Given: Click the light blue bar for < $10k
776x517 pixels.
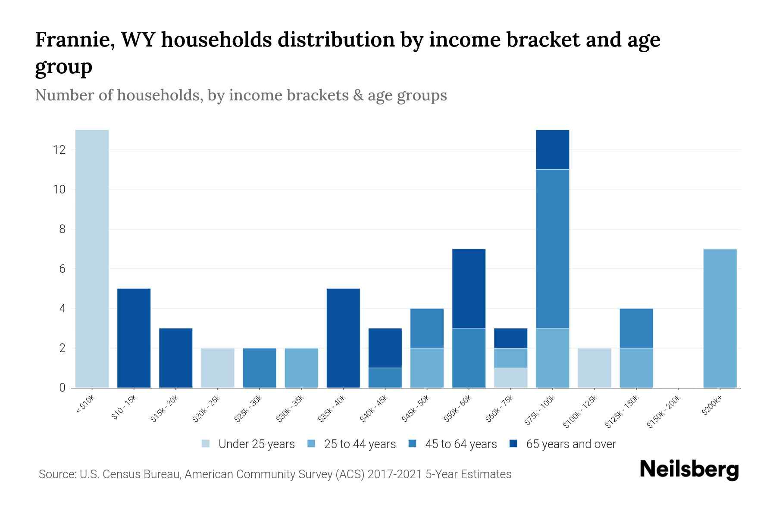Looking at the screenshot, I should pyautogui.click(x=92, y=258).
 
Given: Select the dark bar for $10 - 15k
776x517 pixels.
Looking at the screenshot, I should pyautogui.click(x=134, y=338).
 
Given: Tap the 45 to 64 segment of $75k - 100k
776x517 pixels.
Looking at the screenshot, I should pyautogui.click(x=552, y=249).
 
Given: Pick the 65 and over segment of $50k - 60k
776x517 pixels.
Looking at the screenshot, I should pyautogui.click(x=469, y=289).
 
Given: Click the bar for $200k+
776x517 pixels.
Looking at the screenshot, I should pyautogui.click(x=720, y=318).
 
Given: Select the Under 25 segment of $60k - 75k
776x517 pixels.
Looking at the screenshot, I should pyautogui.click(x=510, y=378).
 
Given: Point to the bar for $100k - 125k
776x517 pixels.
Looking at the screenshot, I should pyautogui.click(x=594, y=368).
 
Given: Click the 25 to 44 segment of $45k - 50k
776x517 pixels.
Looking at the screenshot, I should pyautogui.click(x=427, y=368).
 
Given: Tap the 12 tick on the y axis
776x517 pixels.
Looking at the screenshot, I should pyautogui.click(x=59, y=150).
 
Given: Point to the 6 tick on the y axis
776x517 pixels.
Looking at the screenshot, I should pyautogui.click(x=62, y=269).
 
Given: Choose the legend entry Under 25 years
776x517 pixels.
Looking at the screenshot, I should pyautogui.click(x=256, y=444).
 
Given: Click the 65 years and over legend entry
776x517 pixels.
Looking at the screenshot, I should pyautogui.click(x=570, y=444).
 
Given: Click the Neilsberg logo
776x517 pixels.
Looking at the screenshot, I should pyautogui.click(x=689, y=470).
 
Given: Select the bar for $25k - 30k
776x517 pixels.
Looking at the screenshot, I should pyautogui.click(x=260, y=368).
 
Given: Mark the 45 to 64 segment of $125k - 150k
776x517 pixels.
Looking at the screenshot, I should pyautogui.click(x=636, y=328).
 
